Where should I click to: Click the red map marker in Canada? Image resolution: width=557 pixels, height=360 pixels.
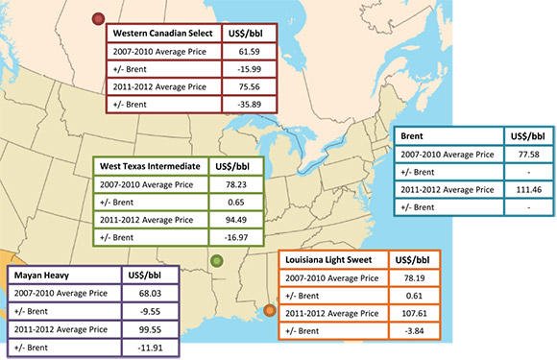(x=96, y=18)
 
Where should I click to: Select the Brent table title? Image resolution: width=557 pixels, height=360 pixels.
(x=414, y=137)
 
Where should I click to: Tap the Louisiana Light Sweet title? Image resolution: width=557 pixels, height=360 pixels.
(x=332, y=260)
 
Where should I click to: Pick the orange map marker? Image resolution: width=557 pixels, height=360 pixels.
(x=270, y=309)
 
